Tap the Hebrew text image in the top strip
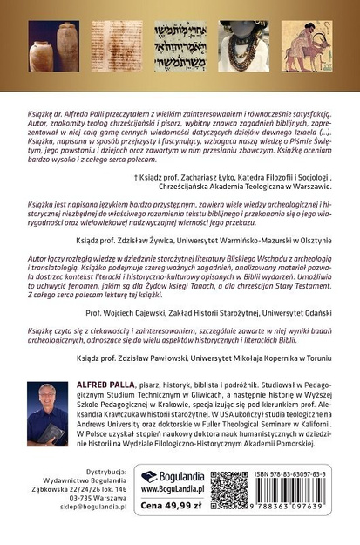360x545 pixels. pyautogui.click(x=180, y=46)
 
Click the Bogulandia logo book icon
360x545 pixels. pyautogui.click(x=150, y=477)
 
